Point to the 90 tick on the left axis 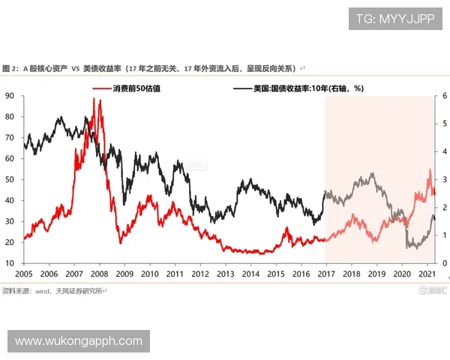pyautogui.click(x=9, y=96)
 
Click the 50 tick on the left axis pyautogui.click(x=9, y=180)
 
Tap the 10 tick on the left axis pyautogui.click(x=9, y=263)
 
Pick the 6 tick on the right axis pyautogui.click(x=444, y=96)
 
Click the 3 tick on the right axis pyautogui.click(x=444, y=180)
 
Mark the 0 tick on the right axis pyautogui.click(x=444, y=263)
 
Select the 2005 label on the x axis pyautogui.click(x=24, y=275)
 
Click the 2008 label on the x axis pyautogui.click(x=99, y=275)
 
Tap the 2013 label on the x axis pyautogui.click(x=226, y=275)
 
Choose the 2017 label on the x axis pyautogui.click(x=326, y=275)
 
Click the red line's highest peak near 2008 pyautogui.click(x=94, y=99)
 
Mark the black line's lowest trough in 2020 pyautogui.click(x=407, y=247)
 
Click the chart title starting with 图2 pyautogui.click(x=150, y=68)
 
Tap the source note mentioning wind pyautogui.click(x=52, y=290)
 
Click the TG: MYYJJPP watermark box pyautogui.click(x=395, y=18)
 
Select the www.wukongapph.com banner pyautogui.click(x=78, y=341)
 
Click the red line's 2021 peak pyautogui.click(x=430, y=170)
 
